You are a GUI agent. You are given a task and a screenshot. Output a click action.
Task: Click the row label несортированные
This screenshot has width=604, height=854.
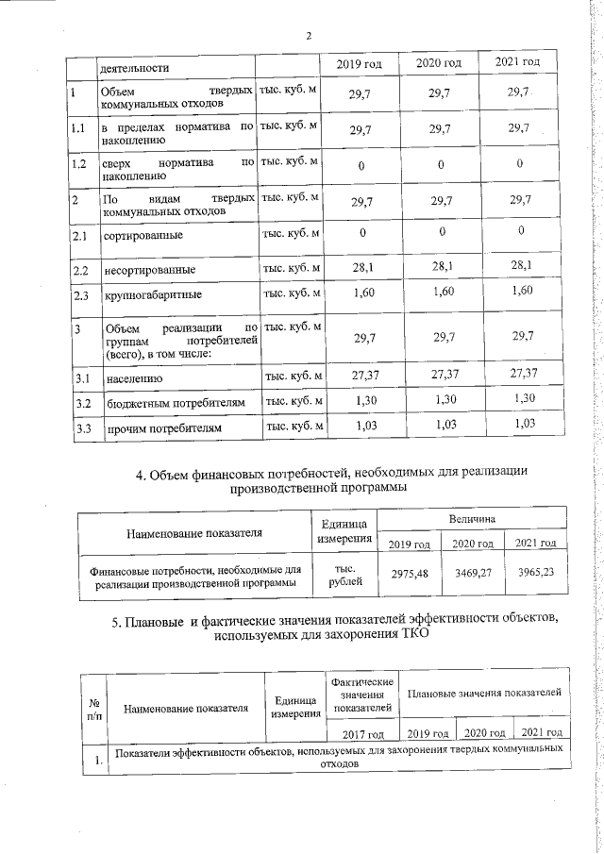(151, 271)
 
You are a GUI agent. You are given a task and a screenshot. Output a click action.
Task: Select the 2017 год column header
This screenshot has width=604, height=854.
(361, 733)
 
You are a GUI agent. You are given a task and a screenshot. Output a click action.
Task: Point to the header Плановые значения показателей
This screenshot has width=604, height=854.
(482, 694)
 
